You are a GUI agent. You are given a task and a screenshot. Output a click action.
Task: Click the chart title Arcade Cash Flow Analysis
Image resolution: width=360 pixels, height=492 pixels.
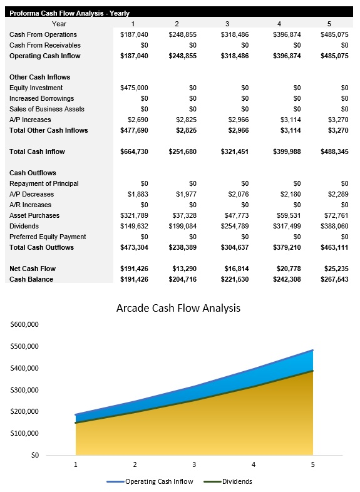(x=178, y=308)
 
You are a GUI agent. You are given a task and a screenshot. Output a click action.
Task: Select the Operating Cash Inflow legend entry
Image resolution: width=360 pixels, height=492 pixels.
(x=158, y=481)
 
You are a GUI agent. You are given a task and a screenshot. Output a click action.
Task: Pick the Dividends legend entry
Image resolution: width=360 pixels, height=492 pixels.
(x=237, y=481)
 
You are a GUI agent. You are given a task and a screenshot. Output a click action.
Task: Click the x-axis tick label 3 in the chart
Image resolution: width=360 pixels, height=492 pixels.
(x=194, y=464)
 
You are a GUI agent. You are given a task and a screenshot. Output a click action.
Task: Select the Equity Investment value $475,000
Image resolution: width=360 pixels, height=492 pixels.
(x=134, y=88)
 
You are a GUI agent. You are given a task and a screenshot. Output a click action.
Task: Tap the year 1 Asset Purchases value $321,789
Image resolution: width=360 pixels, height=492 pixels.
(x=134, y=215)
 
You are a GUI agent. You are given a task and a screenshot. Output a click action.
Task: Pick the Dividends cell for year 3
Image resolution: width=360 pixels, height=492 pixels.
(x=234, y=226)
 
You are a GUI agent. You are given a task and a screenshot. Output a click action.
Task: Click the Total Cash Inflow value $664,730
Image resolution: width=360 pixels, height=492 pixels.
(x=134, y=151)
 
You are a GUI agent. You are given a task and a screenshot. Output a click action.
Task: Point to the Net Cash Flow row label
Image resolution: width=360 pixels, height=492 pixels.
(x=33, y=269)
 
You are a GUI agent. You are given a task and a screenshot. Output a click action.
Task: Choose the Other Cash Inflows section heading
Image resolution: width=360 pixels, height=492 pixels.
(x=39, y=77)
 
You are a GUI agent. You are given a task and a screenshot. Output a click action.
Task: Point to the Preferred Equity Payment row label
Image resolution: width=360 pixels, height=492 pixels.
(x=48, y=237)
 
